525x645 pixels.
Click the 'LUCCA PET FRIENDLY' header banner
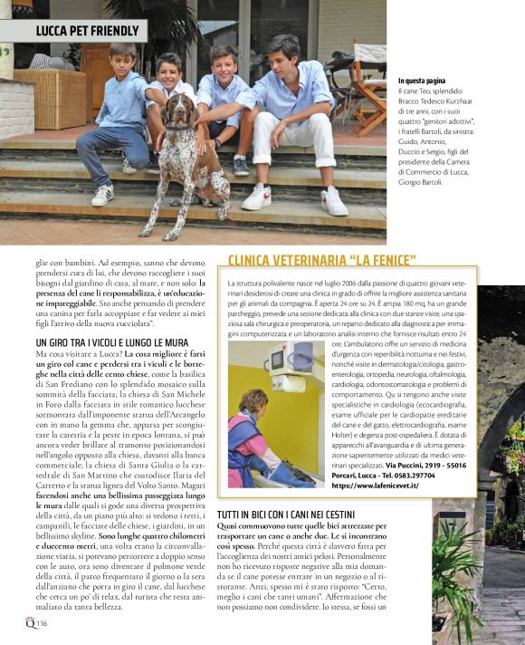(88, 30)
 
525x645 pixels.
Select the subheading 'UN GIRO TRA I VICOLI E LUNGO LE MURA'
(111, 342)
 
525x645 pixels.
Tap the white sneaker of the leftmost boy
(102, 195)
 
